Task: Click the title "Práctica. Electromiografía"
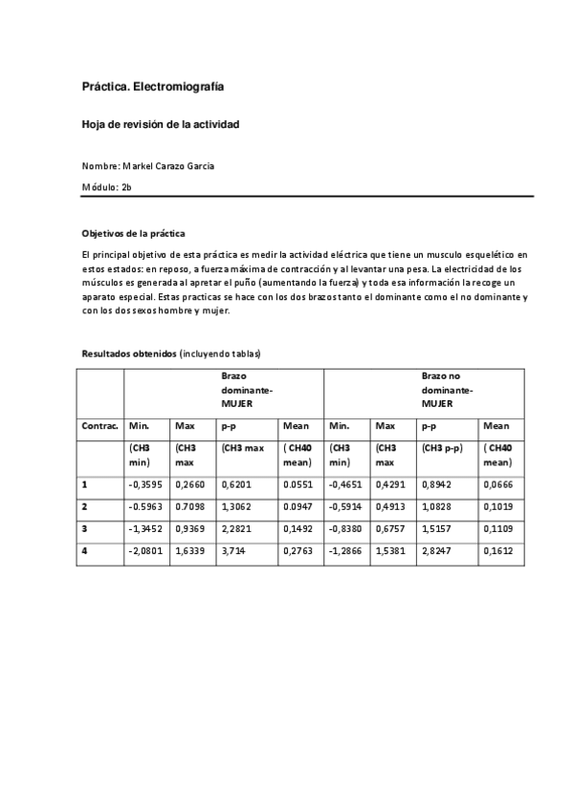(153, 87)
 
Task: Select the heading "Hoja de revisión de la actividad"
(160, 125)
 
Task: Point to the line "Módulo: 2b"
(106, 186)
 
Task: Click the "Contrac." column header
(99, 426)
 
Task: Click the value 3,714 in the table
(234, 550)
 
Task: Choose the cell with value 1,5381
(390, 550)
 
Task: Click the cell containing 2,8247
(439, 550)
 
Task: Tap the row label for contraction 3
(85, 528)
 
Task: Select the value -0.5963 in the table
(145, 506)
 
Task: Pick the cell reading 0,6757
(390, 528)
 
